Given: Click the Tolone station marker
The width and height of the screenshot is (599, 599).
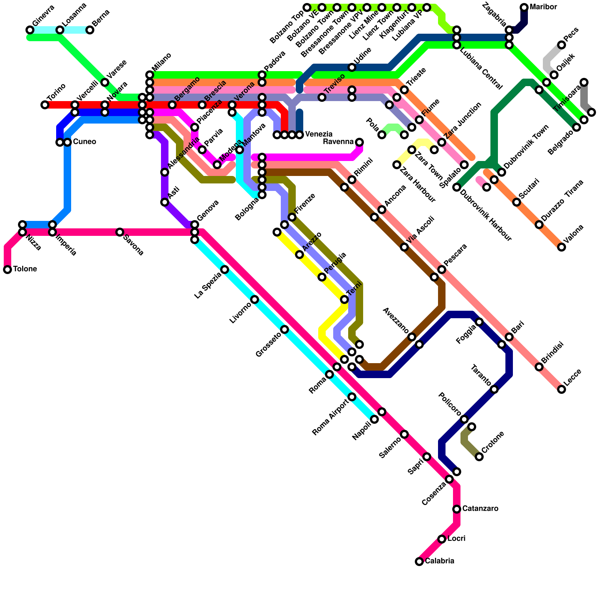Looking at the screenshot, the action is pos(7,270).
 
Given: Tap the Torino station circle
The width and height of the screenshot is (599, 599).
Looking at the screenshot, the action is pos(45,105).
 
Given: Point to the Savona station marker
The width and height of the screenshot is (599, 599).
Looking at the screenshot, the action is pos(120,232).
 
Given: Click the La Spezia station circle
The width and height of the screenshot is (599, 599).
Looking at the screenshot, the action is pos(225,270).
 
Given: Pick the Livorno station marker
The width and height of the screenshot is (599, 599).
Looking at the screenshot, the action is pos(255,299).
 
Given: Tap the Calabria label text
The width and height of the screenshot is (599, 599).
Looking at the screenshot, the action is pos(440,561).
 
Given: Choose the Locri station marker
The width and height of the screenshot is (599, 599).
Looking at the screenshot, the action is pos(442,539).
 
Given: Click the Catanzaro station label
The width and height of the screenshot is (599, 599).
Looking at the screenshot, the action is pos(480,508).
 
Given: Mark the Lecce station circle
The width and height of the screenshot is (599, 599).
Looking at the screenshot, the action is pos(562,389).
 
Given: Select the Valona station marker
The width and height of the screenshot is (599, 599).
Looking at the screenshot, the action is pos(562,247).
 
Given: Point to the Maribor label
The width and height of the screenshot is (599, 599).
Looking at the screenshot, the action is pos(543,7).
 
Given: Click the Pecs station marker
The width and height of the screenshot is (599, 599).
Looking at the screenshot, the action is pos(562,45).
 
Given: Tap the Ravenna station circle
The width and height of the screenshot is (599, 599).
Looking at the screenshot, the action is pos(359,142).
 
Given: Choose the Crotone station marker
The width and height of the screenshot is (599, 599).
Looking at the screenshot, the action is pos(479,457).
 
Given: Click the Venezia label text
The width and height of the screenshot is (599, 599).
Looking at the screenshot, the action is pos(319,134).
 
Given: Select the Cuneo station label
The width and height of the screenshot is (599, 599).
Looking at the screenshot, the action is pos(85,142).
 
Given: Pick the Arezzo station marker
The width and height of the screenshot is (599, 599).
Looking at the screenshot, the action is pos(299,255).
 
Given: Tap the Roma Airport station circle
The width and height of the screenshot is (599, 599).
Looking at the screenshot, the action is pos(352,397).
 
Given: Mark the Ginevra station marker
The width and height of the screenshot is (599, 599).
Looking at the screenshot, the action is pos(30,30).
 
